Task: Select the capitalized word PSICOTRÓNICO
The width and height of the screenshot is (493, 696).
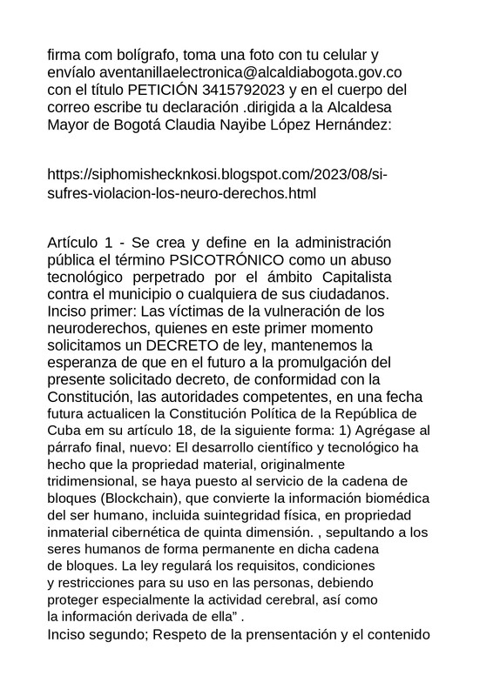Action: (x=229, y=259)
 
